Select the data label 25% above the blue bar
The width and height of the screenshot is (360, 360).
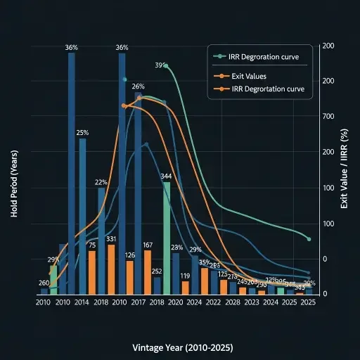[x=82, y=133]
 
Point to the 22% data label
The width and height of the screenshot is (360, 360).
[x=101, y=182]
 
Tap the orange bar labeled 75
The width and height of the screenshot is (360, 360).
[x=92, y=272]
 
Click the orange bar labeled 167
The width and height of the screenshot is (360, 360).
[x=148, y=271]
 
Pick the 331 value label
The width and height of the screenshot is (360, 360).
[x=111, y=239]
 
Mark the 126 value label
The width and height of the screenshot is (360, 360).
[x=129, y=255]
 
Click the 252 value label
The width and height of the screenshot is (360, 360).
[x=157, y=271]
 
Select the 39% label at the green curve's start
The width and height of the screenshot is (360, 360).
[x=160, y=65]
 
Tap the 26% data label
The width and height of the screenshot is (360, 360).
[x=138, y=86]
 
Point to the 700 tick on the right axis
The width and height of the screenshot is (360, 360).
[x=328, y=116]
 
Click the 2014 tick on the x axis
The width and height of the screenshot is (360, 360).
[x=82, y=302]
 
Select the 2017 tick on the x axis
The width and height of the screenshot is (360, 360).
[x=138, y=302]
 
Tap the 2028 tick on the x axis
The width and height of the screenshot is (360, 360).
[x=233, y=302]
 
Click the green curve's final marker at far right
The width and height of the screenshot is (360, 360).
[x=309, y=239]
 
